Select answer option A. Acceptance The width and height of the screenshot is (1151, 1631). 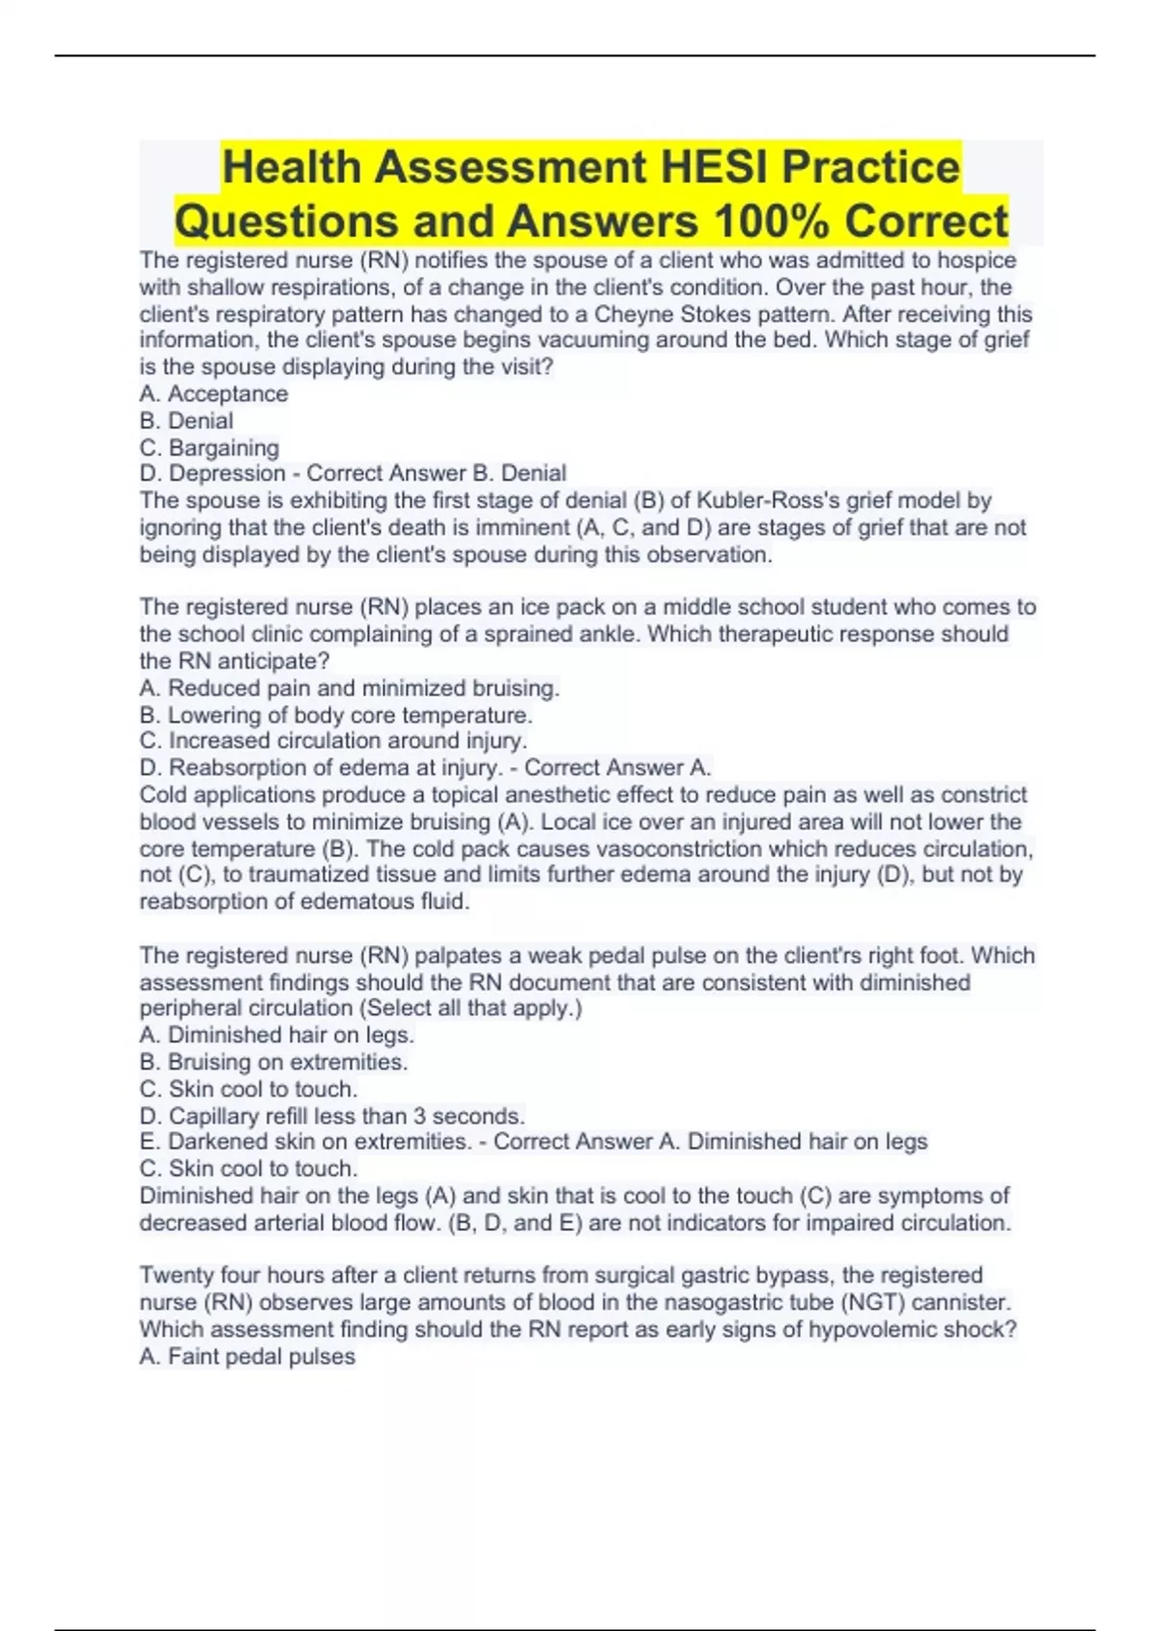coord(213,393)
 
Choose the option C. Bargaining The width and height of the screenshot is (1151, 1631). coord(209,447)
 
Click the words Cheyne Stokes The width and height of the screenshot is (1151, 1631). coord(669,314)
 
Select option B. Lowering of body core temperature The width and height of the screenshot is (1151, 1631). coord(336,715)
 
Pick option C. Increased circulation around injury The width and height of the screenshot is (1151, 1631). coord(333,741)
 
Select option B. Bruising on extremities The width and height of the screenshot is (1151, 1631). coord(273,1062)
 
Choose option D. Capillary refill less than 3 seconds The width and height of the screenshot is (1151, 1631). coord(332,1116)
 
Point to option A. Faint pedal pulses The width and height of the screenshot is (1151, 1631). coord(247,1357)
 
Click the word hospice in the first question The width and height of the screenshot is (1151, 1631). coord(976,260)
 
